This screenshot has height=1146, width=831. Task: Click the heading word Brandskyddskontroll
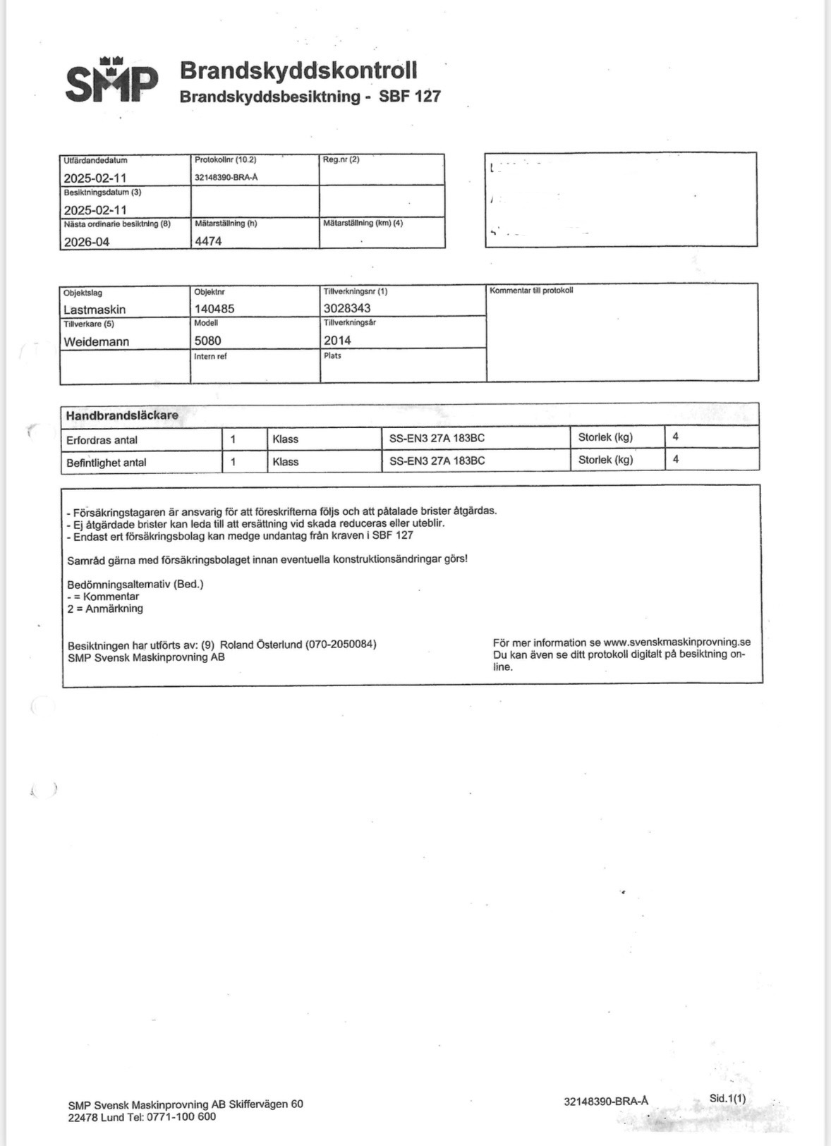(298, 71)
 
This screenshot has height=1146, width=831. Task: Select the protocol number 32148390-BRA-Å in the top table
(226, 177)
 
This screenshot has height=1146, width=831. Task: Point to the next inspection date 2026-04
(87, 242)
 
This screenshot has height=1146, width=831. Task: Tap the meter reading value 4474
(208, 241)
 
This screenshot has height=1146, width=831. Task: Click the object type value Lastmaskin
(95, 310)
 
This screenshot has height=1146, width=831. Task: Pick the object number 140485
(214, 309)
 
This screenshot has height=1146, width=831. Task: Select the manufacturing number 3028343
(347, 308)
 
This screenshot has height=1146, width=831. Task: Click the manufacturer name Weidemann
(97, 342)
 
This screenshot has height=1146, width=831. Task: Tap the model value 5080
(208, 341)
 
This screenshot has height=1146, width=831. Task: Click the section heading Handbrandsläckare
(122, 415)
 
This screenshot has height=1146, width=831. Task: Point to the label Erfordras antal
(102, 440)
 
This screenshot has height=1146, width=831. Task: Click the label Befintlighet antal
(107, 463)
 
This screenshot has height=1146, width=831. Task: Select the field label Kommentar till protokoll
(531, 291)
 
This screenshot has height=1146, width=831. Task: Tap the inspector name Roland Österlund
(261, 645)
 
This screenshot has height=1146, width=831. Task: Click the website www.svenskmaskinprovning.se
(677, 642)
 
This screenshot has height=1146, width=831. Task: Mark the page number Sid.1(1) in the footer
(727, 1099)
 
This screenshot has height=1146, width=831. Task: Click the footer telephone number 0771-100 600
(181, 1117)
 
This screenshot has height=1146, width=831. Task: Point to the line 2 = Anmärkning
(105, 609)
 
